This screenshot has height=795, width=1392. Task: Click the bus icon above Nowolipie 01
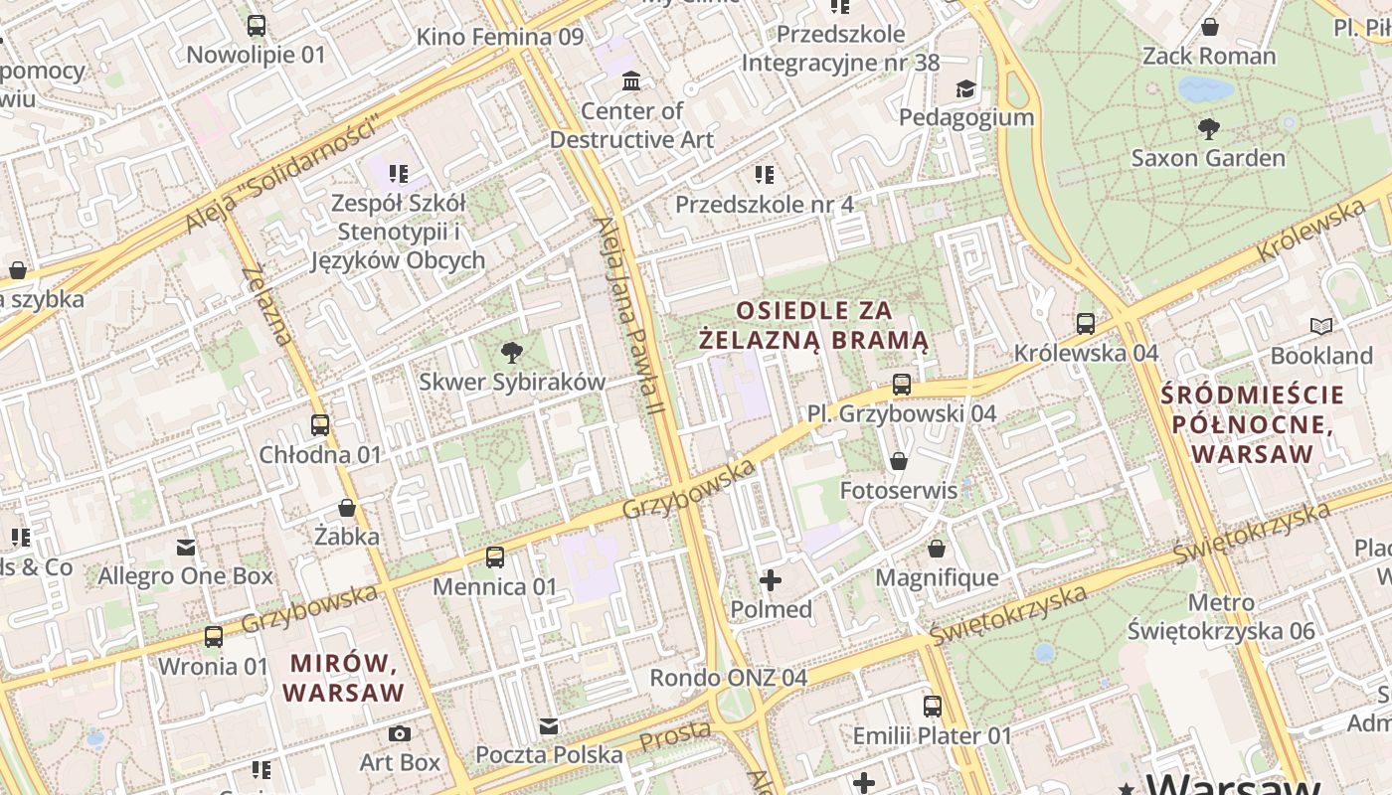pyautogui.click(x=257, y=26)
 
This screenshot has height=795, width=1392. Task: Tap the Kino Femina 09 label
pyautogui.click(x=499, y=38)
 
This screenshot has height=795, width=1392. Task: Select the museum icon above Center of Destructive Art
pyautogui.click(x=631, y=80)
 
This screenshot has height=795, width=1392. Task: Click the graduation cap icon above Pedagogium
pyautogui.click(x=966, y=89)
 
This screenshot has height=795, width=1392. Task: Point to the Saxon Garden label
pyautogui.click(x=1208, y=158)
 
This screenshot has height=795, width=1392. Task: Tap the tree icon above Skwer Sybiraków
pyautogui.click(x=512, y=352)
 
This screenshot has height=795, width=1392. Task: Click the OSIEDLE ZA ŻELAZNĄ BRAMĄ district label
pyautogui.click(x=813, y=326)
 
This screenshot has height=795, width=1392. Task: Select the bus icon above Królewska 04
pyautogui.click(x=1086, y=324)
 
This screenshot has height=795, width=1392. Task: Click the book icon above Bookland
pyautogui.click(x=1321, y=326)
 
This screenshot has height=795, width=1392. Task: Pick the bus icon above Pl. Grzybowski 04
pyautogui.click(x=902, y=384)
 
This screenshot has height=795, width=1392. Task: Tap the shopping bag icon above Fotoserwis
pyautogui.click(x=899, y=461)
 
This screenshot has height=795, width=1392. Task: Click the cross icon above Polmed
pyautogui.click(x=771, y=580)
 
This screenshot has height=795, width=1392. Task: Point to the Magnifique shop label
pyautogui.click(x=937, y=577)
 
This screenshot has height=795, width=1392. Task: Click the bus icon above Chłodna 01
pyautogui.click(x=320, y=425)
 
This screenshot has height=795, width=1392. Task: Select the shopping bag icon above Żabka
pyautogui.click(x=347, y=508)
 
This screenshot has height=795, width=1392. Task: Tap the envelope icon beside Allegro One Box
pyautogui.click(x=186, y=547)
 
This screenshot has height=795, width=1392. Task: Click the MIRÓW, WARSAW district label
pyautogui.click(x=346, y=677)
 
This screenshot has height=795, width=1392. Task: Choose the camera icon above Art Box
pyautogui.click(x=400, y=734)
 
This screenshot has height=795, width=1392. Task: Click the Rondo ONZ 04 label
pyautogui.click(x=728, y=678)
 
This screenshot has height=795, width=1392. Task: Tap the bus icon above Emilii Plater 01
pyautogui.click(x=933, y=707)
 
